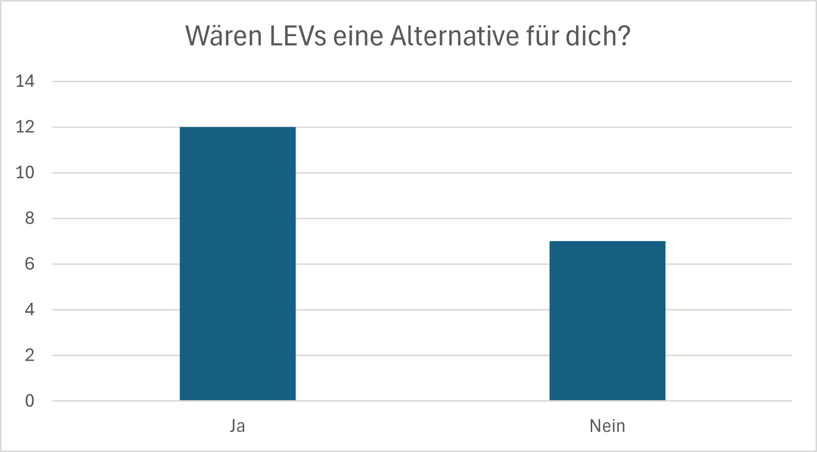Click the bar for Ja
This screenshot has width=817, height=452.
click(238, 264)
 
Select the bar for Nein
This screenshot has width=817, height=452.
click(607, 321)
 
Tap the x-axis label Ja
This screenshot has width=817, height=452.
click(238, 426)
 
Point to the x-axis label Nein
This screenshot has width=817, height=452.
click(607, 426)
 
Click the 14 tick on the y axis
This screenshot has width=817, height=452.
click(25, 81)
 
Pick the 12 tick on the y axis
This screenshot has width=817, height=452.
click(25, 127)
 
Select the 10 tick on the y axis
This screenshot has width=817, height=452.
click(25, 173)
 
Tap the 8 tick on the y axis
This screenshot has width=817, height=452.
click(29, 218)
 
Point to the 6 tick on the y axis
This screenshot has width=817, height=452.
click(29, 264)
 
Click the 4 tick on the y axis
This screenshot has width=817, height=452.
click(29, 309)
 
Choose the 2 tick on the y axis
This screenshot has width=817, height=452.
click(29, 355)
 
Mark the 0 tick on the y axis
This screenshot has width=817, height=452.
click(29, 401)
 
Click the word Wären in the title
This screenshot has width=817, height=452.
click(223, 36)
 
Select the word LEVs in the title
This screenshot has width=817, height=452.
click(298, 36)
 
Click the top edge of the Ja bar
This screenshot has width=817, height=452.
click(238, 127)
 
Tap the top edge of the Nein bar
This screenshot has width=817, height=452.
click(607, 241)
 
